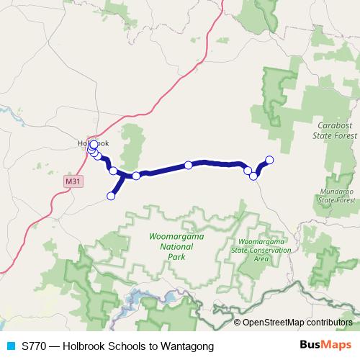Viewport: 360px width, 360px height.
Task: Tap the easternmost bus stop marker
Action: point(270,160)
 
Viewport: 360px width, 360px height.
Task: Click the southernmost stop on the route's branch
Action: point(112,196)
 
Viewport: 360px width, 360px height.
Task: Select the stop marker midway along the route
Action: point(189,165)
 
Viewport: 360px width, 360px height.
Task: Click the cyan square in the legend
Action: point(10,346)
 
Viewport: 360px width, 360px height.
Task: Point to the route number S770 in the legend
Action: point(35,346)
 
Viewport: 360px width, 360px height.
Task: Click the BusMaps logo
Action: point(325,346)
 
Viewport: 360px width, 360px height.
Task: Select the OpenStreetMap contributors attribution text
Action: point(297,322)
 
